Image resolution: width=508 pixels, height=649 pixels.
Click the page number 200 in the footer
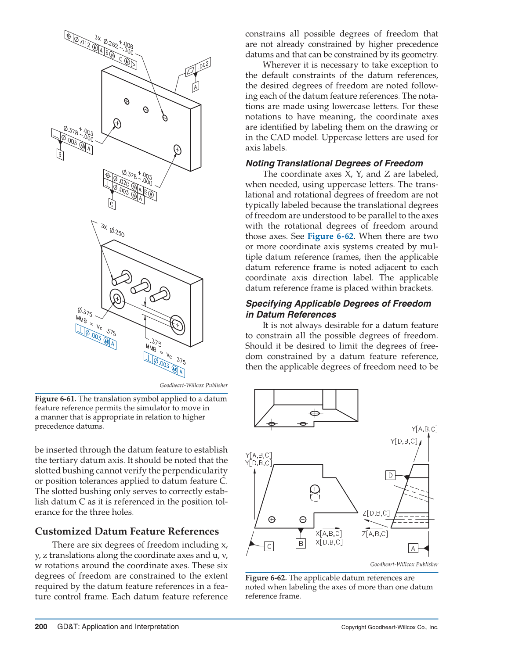[x=41, y=627]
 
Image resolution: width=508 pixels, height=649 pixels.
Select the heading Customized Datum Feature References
[x=127, y=531]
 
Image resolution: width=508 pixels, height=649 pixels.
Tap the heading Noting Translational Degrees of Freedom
[x=334, y=163]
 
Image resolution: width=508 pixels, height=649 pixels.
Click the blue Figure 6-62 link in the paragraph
[x=330, y=236]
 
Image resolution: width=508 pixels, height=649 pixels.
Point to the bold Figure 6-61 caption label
[x=55, y=399]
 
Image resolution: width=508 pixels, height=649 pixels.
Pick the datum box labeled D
[x=390, y=475]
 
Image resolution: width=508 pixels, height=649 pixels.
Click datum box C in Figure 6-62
[x=269, y=546]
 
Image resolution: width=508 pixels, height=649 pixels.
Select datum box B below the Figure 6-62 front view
[x=301, y=543]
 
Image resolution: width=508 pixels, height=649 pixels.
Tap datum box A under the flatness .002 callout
[x=196, y=86]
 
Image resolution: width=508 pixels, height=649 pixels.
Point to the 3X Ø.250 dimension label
[x=112, y=230]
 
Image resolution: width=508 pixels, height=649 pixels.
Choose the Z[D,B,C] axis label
[x=376, y=513]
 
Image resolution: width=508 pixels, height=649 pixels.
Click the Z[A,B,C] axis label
[x=375, y=534]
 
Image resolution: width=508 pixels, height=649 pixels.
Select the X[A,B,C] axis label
[x=329, y=533]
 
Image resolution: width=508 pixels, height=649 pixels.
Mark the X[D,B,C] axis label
[x=329, y=542]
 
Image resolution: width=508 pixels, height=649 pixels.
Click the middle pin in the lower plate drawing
[x=141, y=286]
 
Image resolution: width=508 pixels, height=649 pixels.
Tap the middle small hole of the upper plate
[x=146, y=110]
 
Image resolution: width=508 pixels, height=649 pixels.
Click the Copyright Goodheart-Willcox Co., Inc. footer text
[x=390, y=627]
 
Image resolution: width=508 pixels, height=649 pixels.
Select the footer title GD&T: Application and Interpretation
[x=118, y=627]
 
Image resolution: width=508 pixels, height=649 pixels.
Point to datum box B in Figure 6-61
[x=60, y=154]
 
